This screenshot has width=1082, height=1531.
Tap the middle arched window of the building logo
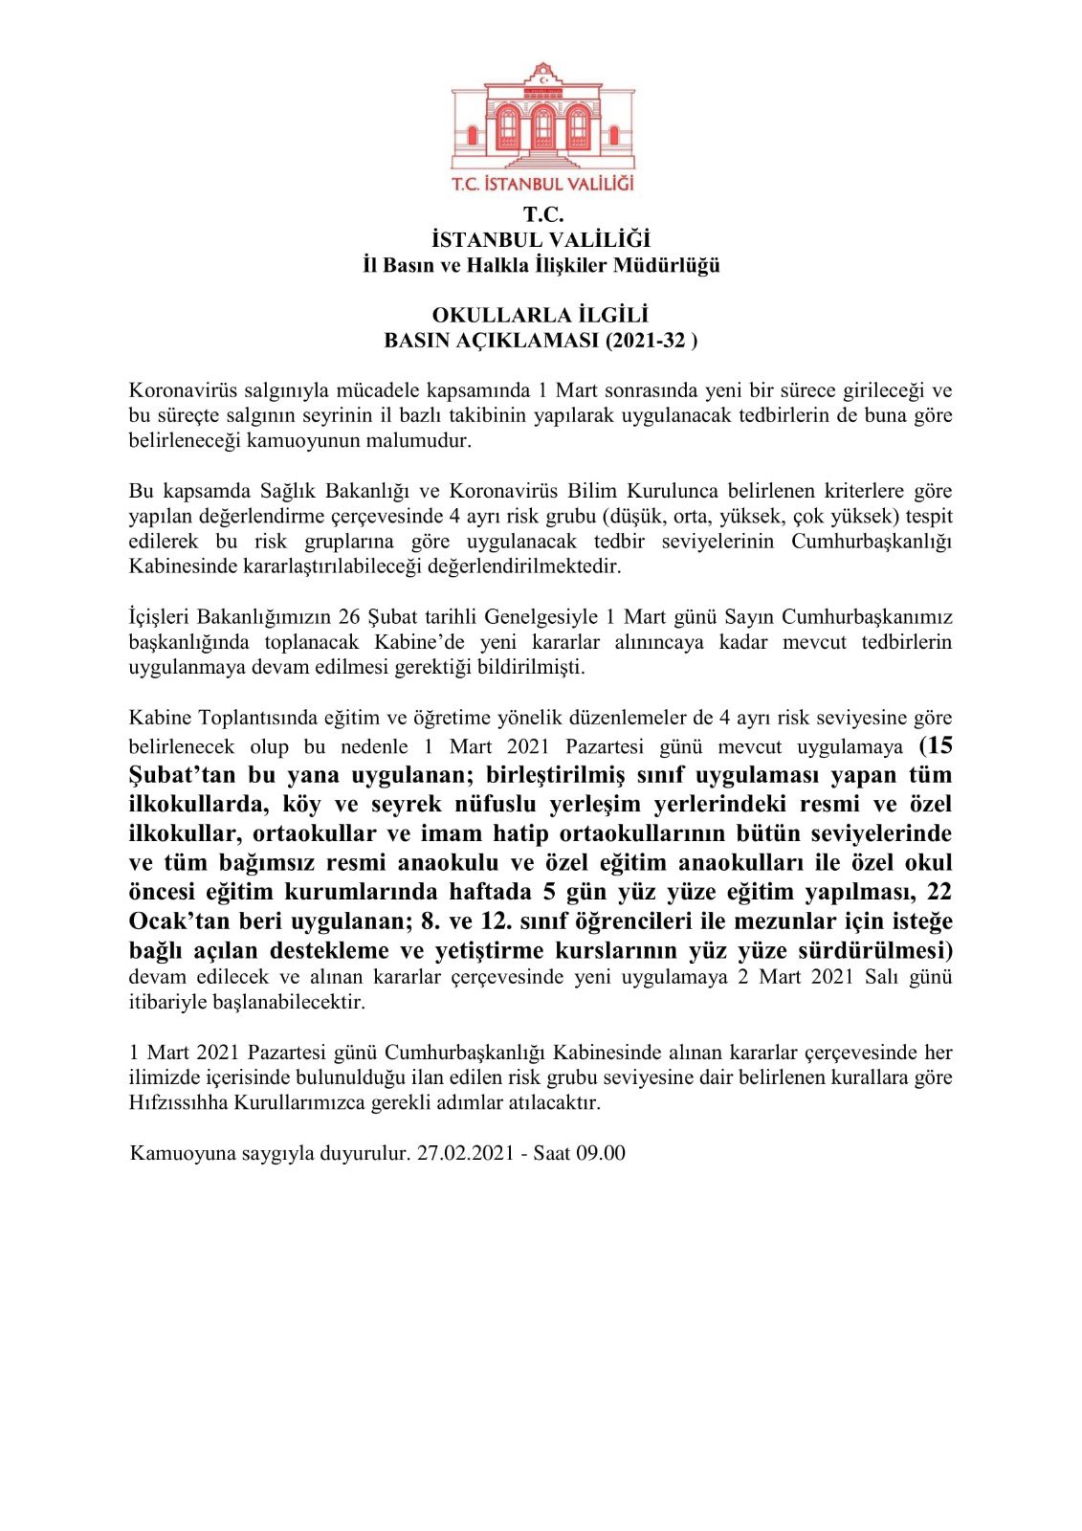[x=542, y=126]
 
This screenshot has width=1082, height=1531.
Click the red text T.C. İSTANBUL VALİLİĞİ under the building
[x=542, y=183]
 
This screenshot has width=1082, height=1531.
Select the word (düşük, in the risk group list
[x=636, y=516]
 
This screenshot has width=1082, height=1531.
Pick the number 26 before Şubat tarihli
[x=349, y=617]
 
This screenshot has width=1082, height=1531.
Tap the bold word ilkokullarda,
[x=197, y=804]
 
